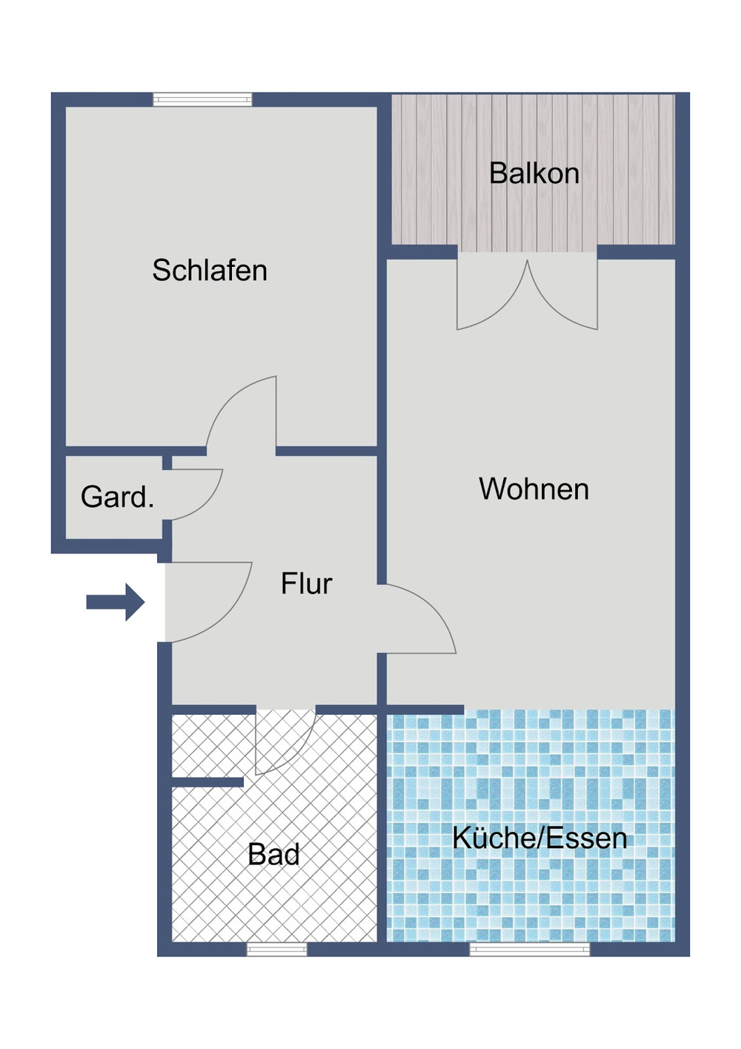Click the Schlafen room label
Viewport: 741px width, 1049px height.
coord(210,271)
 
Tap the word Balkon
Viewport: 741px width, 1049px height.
coord(534,173)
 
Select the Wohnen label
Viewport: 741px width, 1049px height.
coord(534,489)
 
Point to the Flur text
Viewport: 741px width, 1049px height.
coord(306,584)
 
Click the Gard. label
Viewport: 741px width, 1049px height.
coord(117,497)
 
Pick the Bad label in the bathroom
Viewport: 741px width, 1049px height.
coord(273,855)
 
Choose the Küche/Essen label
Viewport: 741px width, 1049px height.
coord(539,838)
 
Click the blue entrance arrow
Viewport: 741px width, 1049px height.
coord(116,601)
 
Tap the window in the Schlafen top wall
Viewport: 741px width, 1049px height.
coord(202,99)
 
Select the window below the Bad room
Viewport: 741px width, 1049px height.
coord(276,949)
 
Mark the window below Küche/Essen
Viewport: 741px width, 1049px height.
coord(530,949)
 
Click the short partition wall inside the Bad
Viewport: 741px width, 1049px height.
coord(207,782)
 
